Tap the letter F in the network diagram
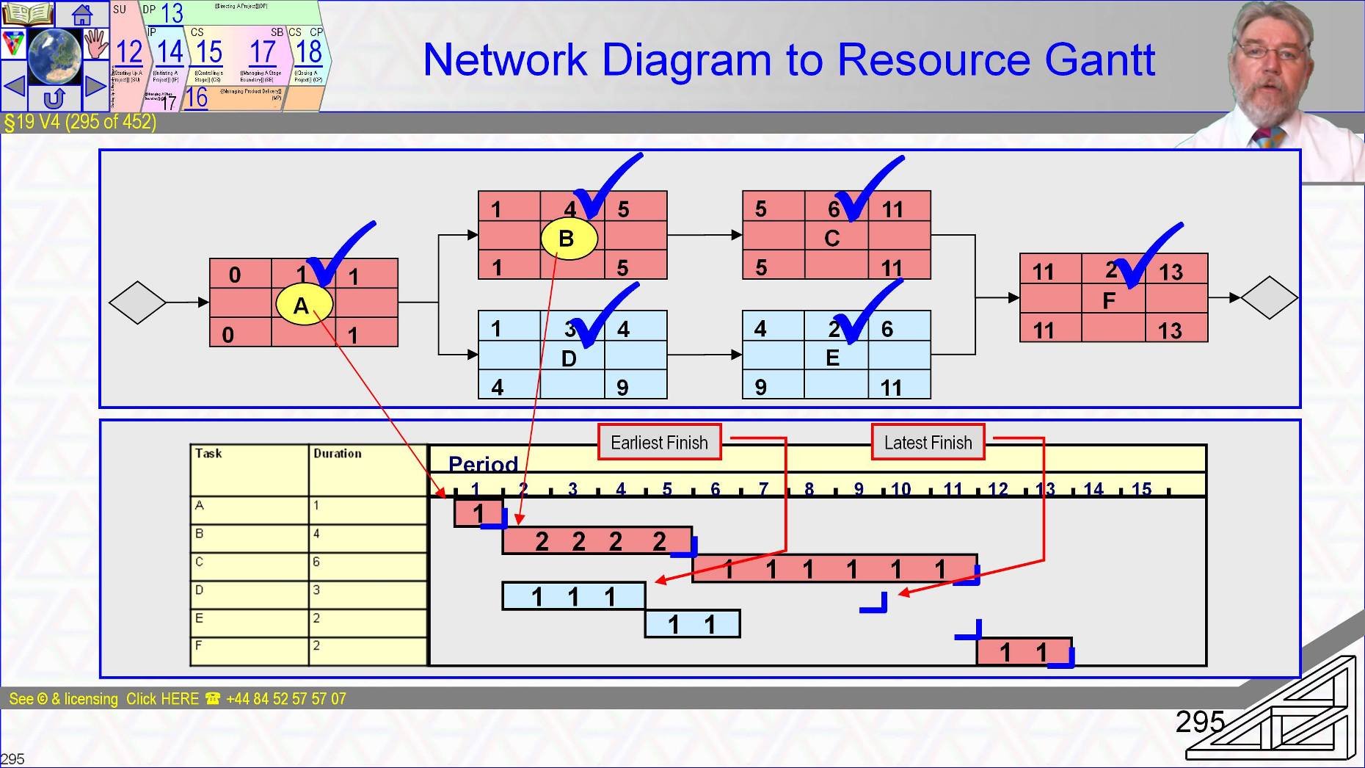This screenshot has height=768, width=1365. (x=1109, y=300)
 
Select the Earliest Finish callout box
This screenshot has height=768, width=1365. (x=659, y=442)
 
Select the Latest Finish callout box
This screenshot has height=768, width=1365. (x=928, y=442)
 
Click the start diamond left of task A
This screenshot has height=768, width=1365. (x=137, y=302)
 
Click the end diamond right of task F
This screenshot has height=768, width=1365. (x=1270, y=297)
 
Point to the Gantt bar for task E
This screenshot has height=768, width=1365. (x=692, y=624)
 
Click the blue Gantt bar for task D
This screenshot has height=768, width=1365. (x=573, y=596)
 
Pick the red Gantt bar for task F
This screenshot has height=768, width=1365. (x=1024, y=651)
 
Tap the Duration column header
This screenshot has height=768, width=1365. (x=338, y=454)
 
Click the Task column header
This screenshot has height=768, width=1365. (x=208, y=454)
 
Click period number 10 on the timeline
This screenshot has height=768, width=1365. (x=900, y=489)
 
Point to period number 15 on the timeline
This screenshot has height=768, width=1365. (x=1141, y=489)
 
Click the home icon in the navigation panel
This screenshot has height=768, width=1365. (x=81, y=14)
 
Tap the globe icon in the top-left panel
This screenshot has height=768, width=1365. (x=55, y=56)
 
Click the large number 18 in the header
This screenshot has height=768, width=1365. (x=309, y=52)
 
